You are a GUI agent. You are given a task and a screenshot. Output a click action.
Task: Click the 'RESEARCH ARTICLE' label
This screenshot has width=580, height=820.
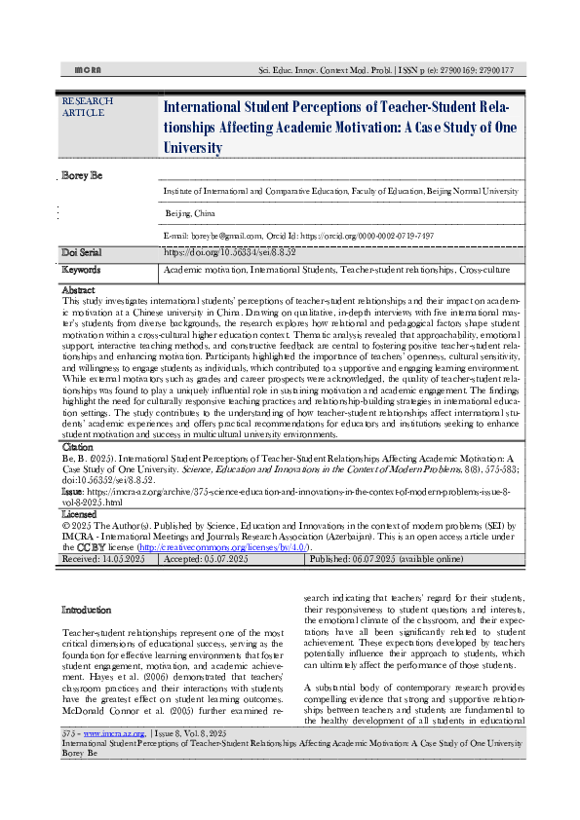coord(87,106)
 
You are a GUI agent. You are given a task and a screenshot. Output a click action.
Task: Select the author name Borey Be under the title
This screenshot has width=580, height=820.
coord(82,175)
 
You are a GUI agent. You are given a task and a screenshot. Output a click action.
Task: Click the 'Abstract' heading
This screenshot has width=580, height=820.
coord(78,291)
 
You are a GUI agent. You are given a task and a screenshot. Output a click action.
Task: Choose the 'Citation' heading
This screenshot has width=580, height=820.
coord(77,446)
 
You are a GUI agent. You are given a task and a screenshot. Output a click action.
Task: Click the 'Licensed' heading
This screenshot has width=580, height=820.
coord(79,512)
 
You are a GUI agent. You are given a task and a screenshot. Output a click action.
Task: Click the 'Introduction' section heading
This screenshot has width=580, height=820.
coord(86,611)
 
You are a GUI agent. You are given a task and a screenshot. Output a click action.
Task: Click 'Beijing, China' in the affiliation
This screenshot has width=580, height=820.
coord(191,212)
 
